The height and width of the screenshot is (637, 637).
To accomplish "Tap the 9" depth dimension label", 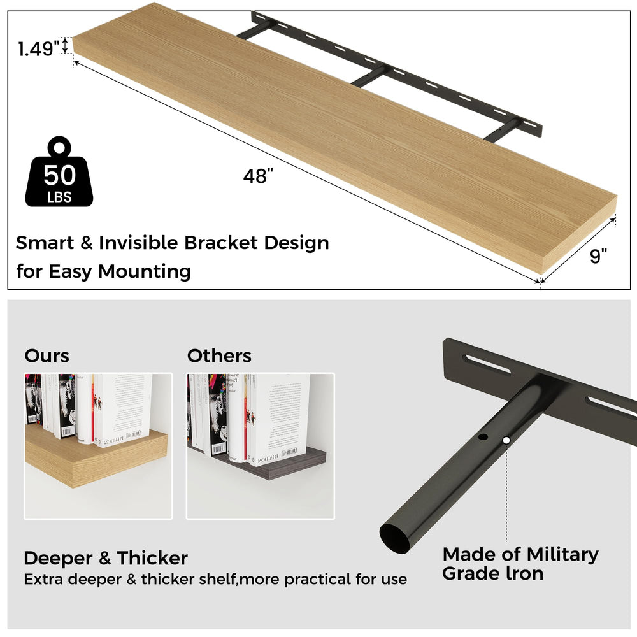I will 599,256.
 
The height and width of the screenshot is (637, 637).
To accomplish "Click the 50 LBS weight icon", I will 59,174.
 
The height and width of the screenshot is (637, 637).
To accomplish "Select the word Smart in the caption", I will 44,243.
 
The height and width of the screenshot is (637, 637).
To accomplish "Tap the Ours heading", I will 47,355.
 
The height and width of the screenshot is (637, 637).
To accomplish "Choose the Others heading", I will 219,355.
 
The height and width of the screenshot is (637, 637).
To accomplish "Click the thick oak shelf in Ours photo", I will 96,460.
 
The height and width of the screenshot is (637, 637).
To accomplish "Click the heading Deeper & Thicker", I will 106,559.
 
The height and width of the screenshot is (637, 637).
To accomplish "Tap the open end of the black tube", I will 396,537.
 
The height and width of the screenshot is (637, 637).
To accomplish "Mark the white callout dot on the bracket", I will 506,440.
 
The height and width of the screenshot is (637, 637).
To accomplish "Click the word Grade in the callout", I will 469,573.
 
